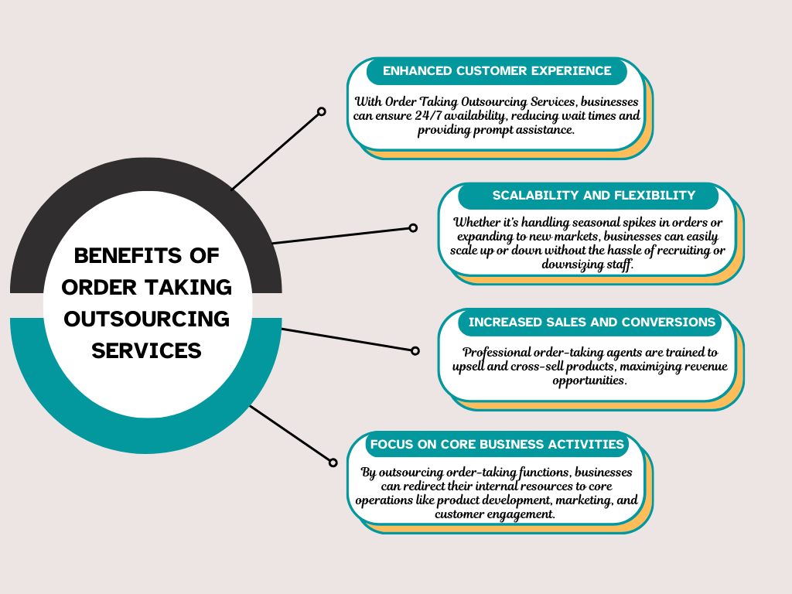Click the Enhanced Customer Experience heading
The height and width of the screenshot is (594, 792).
497,70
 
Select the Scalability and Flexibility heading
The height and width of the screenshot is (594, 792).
593,195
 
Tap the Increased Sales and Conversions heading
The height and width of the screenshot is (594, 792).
592,322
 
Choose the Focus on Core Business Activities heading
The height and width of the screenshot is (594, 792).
497,444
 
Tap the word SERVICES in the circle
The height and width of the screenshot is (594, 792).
146,350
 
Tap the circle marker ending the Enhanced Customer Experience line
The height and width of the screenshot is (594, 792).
322,112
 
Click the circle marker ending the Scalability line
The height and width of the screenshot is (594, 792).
413,227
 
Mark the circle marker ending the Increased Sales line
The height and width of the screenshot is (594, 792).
415,350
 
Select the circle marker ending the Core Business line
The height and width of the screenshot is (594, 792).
333,463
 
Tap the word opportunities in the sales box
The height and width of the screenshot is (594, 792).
589,381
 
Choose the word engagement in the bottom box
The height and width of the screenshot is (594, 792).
520,514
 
